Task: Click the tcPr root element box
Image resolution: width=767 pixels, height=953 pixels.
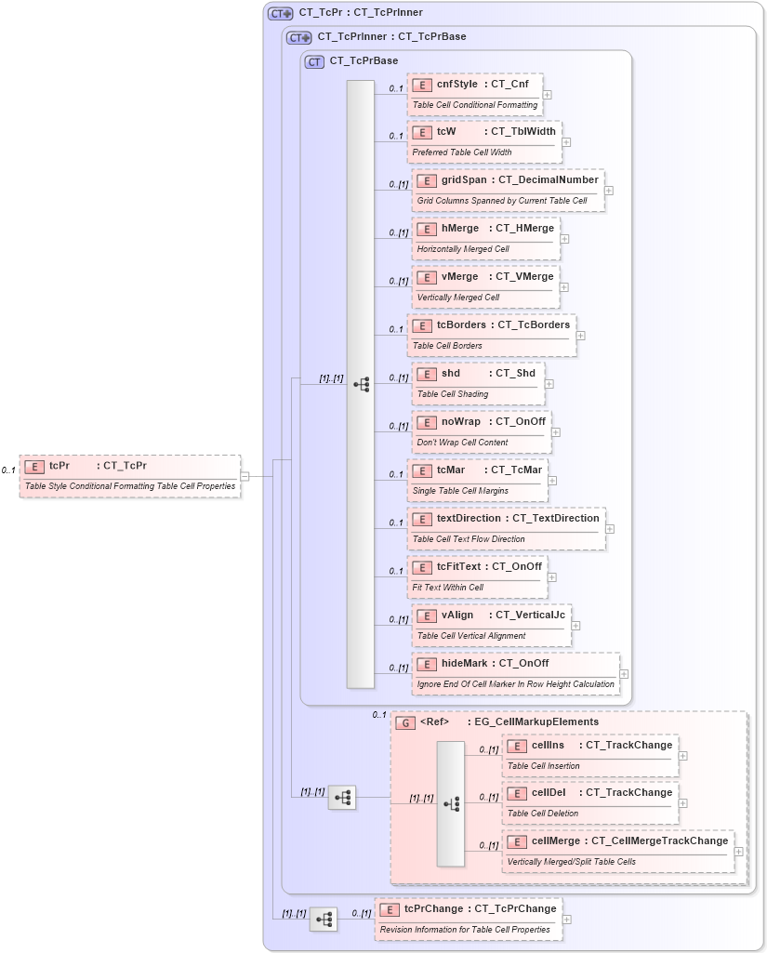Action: click(129, 475)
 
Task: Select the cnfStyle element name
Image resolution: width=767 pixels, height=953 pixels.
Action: click(457, 85)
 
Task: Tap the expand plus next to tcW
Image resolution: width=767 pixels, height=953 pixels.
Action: click(566, 142)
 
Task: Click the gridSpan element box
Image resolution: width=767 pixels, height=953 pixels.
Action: click(509, 190)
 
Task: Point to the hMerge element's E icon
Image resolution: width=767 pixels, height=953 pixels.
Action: click(427, 229)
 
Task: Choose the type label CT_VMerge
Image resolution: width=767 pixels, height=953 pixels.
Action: click(524, 277)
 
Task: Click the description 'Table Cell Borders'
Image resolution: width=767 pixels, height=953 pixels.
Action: click(447, 346)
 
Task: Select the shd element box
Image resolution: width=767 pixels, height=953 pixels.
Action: click(478, 383)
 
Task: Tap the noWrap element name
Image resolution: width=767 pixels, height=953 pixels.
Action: click(460, 422)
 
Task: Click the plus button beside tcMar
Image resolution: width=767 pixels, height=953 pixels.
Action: click(552, 481)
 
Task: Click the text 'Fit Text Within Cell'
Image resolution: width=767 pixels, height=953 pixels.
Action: click(448, 588)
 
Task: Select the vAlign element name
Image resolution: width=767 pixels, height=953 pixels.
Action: click(457, 615)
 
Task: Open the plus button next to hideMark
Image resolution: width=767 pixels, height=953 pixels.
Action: click(624, 674)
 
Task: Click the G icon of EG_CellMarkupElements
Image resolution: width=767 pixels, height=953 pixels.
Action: click(405, 722)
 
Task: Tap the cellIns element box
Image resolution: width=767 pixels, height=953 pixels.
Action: click(589, 755)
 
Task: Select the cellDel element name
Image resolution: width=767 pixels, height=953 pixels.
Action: click(549, 793)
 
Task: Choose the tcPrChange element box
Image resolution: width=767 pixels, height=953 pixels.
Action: click(469, 918)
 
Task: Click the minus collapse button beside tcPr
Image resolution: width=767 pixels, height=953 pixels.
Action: click(245, 476)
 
